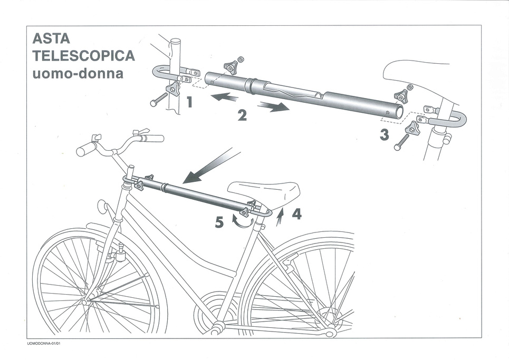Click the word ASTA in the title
click(51, 39)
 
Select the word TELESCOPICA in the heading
click(83, 56)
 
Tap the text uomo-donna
click(78, 73)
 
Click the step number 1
click(189, 101)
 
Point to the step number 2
click(242, 115)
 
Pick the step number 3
click(385, 135)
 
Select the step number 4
click(297, 214)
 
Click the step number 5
click(219, 222)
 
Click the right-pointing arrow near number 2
click(273, 106)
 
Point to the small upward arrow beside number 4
click(281, 216)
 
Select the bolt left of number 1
click(158, 99)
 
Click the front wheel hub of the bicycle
click(86, 302)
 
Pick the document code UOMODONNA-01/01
click(47, 344)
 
